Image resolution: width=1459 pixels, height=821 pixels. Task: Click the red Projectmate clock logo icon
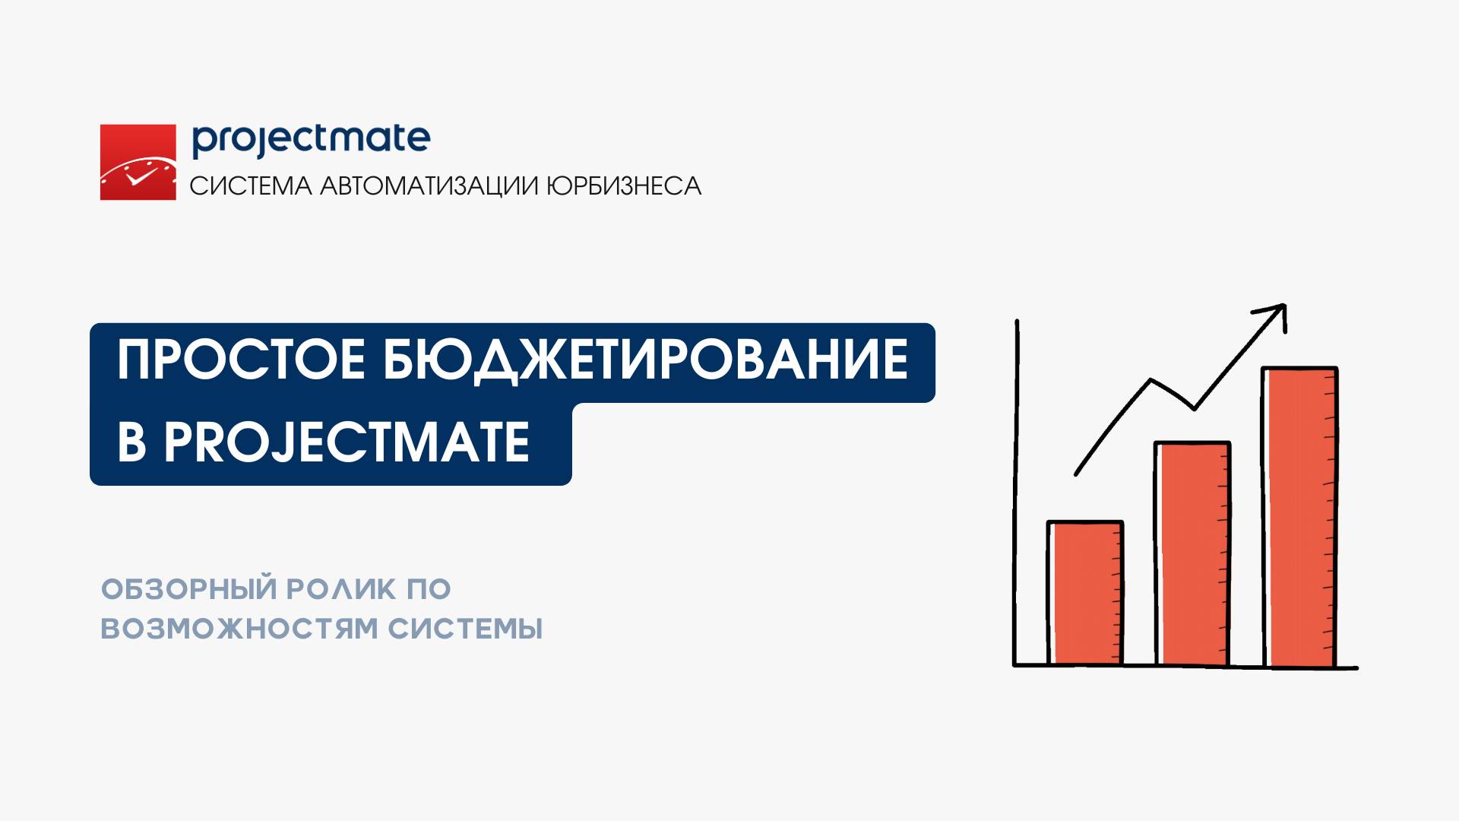tap(138, 162)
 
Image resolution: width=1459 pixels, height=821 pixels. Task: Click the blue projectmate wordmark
tap(311, 141)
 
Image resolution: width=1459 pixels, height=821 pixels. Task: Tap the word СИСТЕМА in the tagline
tap(251, 186)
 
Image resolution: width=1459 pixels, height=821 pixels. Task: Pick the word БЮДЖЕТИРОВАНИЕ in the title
tap(645, 360)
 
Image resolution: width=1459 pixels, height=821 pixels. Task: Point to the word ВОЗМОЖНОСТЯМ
tap(239, 629)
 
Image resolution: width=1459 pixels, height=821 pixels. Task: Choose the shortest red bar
tap(1085, 593)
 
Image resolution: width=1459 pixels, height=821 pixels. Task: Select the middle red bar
tap(1192, 553)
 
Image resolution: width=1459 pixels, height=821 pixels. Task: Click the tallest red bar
tap(1299, 517)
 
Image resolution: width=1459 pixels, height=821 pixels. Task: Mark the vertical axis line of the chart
tap(1017, 493)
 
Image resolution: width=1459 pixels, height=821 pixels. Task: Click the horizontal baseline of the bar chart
tap(1185, 667)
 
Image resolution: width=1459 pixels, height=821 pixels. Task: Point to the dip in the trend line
tap(1194, 407)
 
